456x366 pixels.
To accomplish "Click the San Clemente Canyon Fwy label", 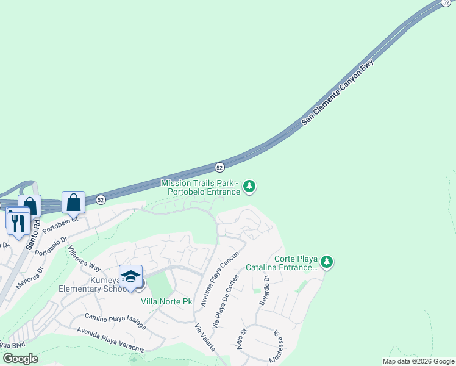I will click(x=337, y=93).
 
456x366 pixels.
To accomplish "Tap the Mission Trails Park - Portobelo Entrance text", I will click(x=201, y=187).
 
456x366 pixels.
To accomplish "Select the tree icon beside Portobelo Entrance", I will click(x=249, y=187).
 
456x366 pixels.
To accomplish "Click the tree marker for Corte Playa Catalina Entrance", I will click(x=327, y=262).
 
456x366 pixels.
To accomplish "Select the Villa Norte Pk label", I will click(x=166, y=301).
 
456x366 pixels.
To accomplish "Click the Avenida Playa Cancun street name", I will click(x=215, y=279).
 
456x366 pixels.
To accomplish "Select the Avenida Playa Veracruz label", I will click(x=110, y=339).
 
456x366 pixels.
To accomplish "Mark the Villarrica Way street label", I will click(x=84, y=258).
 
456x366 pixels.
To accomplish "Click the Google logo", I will click(x=20, y=358).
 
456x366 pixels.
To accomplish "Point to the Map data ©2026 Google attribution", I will click(x=418, y=361).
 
